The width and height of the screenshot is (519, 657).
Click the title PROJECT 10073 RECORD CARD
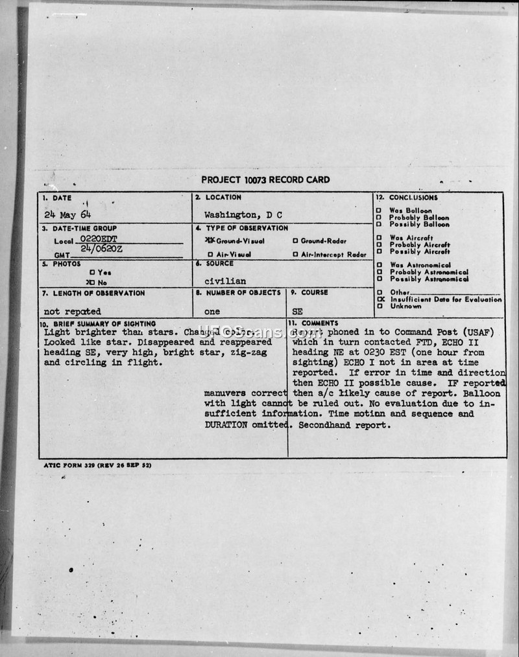pyautogui.click(x=265, y=179)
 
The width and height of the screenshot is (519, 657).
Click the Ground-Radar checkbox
pyautogui.click(x=295, y=240)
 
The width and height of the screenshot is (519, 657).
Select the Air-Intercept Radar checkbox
pyautogui.click(x=295, y=255)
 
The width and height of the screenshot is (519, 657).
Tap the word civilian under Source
pyautogui.click(x=225, y=281)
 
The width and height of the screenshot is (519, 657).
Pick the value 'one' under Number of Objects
pyautogui.click(x=212, y=312)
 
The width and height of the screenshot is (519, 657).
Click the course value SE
pyautogui.click(x=298, y=312)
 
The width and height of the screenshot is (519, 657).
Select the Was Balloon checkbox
pyautogui.click(x=379, y=211)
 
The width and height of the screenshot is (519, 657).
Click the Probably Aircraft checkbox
pyautogui.click(x=379, y=245)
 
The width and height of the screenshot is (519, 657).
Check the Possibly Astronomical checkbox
pyautogui.click(x=379, y=279)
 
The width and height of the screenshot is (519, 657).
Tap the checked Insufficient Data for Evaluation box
pyautogui.click(x=380, y=299)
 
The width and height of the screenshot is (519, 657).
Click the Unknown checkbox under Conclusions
pyautogui.click(x=379, y=306)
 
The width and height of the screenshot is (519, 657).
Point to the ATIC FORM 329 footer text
pyautogui.click(x=97, y=465)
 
